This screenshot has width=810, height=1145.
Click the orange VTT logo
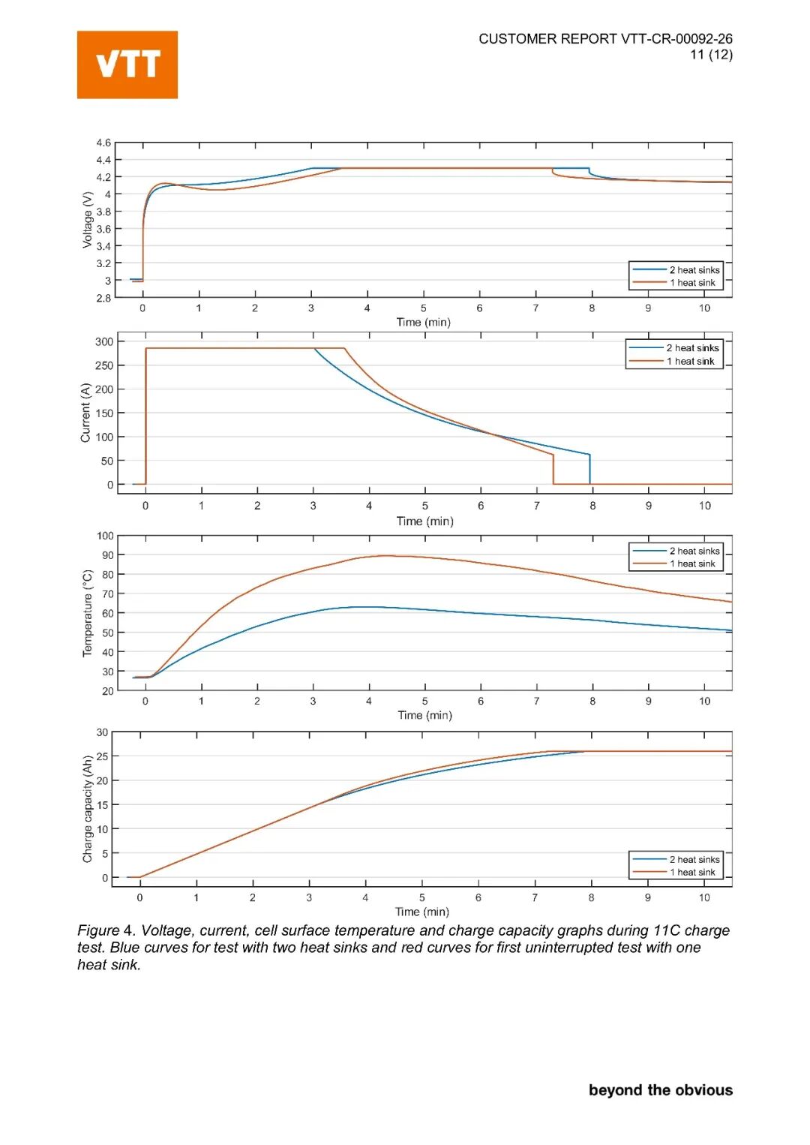[127, 65]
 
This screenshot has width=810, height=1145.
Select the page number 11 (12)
[711, 55]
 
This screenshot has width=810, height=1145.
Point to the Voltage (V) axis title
[88, 220]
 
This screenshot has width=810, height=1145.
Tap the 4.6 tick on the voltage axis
[103, 143]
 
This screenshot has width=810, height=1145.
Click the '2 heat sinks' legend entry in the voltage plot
[694, 270]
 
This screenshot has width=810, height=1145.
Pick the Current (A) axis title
[85, 413]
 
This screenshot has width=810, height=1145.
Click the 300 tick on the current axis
[104, 341]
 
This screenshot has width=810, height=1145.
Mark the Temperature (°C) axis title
[88, 613]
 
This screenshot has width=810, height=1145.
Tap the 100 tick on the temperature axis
[105, 536]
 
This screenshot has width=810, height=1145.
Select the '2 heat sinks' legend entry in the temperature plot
[694, 551]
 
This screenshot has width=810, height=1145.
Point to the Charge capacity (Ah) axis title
[88, 809]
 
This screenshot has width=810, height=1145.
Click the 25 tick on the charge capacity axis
[103, 756]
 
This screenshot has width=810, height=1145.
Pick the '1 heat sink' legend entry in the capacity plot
[692, 873]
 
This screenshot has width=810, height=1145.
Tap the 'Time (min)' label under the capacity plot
[422, 912]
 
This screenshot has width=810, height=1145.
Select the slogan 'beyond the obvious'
[660, 1090]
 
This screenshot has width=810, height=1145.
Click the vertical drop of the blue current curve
[590, 469]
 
